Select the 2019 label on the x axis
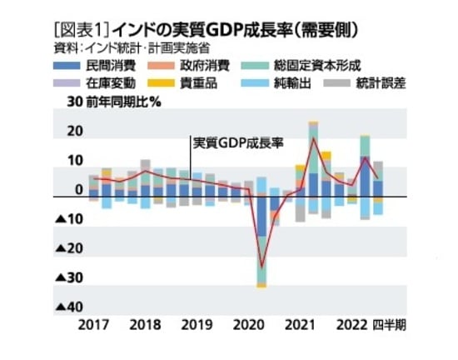click(x=197, y=325)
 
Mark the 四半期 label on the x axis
click(x=389, y=325)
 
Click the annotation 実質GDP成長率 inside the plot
click(x=238, y=142)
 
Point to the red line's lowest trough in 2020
click(x=261, y=267)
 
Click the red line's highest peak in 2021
click(x=313, y=137)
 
